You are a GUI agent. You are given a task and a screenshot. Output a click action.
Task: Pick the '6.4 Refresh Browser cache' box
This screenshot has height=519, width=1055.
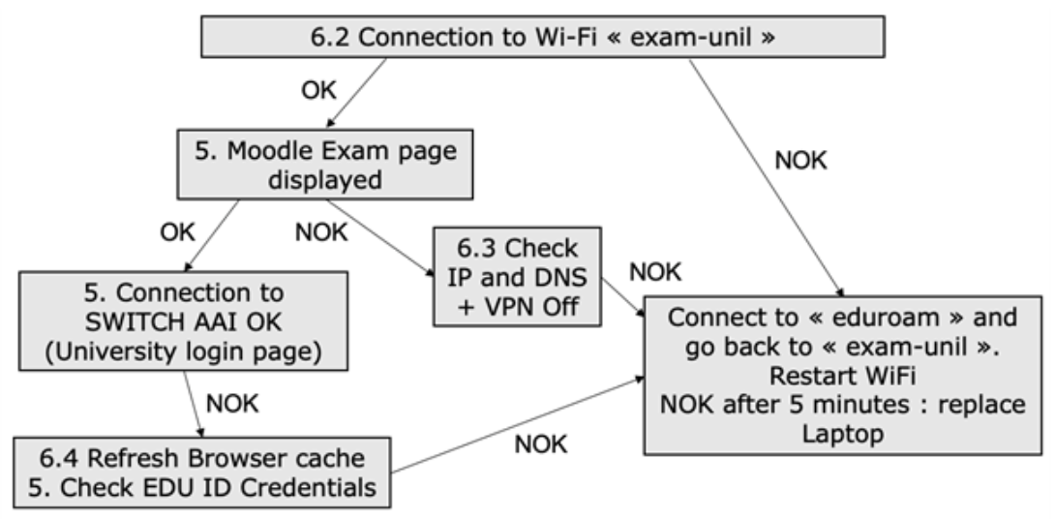tap(202, 472)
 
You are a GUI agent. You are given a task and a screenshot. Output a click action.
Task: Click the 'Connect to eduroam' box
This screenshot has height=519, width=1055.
tap(847, 375)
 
